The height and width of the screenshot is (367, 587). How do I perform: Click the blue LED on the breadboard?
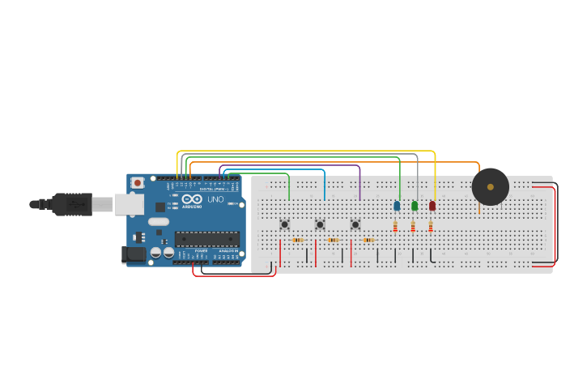[x=397, y=206]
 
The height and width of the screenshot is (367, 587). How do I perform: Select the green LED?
[x=415, y=206]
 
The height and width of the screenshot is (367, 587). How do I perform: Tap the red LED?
[x=432, y=206]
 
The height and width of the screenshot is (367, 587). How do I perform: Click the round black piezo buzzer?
[x=491, y=187]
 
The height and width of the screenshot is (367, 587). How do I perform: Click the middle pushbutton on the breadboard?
[x=320, y=224]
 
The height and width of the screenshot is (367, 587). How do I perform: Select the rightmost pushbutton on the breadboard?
[x=355, y=224]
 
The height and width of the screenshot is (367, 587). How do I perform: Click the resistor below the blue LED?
[x=395, y=227]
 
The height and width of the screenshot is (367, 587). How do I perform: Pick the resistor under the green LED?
[x=413, y=227]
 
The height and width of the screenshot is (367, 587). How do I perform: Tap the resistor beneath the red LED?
[x=431, y=227]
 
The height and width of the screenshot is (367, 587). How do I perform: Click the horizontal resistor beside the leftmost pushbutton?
[x=297, y=240]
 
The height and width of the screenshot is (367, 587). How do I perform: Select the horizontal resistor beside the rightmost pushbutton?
[x=368, y=240]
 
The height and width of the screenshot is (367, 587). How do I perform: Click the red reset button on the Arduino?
[x=138, y=183]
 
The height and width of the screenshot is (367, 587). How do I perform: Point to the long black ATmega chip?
[x=207, y=239]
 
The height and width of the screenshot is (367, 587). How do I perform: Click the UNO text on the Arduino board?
[x=215, y=199]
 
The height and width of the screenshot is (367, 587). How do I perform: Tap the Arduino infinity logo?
[x=192, y=199]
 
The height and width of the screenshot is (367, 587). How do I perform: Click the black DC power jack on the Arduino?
[x=134, y=254]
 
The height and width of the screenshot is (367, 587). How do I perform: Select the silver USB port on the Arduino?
[x=128, y=204]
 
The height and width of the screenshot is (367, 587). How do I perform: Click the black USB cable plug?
[x=73, y=204]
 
